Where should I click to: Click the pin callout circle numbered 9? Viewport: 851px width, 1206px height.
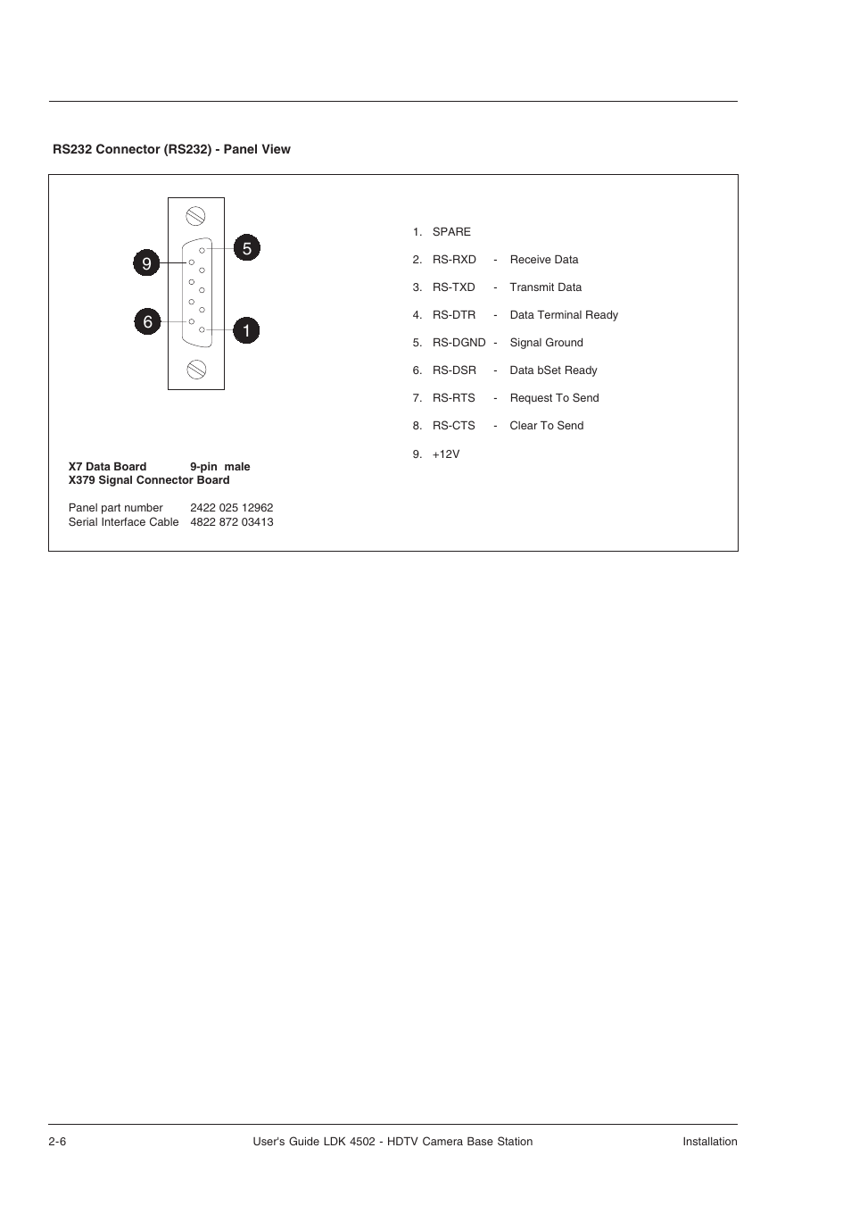click(x=147, y=263)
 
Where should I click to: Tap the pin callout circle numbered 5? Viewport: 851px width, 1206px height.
click(x=247, y=248)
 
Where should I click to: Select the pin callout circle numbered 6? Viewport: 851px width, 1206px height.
click(x=148, y=321)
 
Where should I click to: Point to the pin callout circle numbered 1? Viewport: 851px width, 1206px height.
click(x=246, y=330)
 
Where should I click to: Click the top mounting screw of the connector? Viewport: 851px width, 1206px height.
click(x=196, y=216)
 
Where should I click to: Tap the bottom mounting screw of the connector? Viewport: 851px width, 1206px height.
click(x=196, y=370)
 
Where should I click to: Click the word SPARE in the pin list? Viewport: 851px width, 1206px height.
click(x=451, y=232)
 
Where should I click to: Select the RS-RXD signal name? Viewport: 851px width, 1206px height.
click(x=454, y=260)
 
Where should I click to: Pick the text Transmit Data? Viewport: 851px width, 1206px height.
click(x=545, y=287)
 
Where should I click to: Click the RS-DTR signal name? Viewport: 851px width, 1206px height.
click(x=454, y=315)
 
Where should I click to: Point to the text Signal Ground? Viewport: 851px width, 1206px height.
click(x=546, y=343)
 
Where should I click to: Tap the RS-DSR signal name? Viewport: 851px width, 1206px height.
click(x=454, y=370)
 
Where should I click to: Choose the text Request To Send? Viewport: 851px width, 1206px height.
click(x=554, y=398)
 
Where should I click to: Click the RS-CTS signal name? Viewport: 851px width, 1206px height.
click(x=454, y=426)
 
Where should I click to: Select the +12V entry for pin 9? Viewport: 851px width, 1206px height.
click(x=446, y=454)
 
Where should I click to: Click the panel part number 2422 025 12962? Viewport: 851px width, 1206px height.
click(x=232, y=508)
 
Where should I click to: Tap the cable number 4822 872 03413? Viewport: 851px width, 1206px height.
click(x=232, y=522)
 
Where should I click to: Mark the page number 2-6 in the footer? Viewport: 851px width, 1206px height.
click(x=58, y=1142)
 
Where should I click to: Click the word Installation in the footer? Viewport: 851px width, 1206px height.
click(x=710, y=1142)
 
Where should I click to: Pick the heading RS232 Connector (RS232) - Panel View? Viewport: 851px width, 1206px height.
click(x=171, y=150)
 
